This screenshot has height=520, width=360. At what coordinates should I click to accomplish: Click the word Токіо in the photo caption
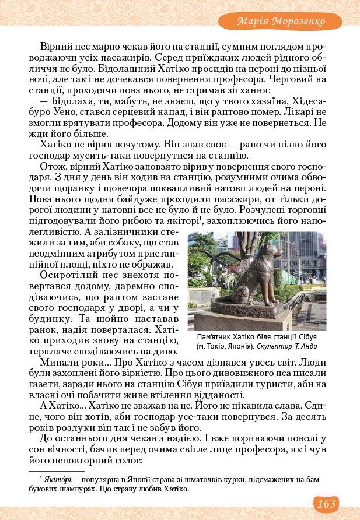coord(215,346)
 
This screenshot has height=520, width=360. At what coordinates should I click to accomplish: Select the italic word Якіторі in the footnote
coord(58,479)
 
